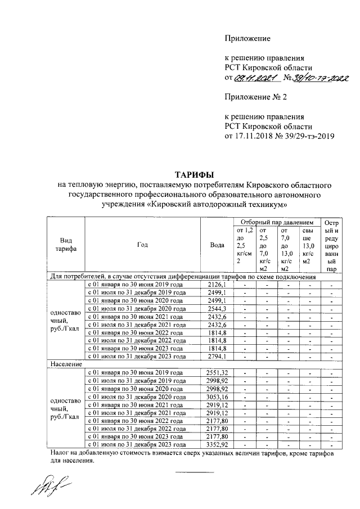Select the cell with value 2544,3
[216, 309]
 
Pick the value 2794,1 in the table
[216, 356]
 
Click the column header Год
[142, 245]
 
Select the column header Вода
[217, 245]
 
